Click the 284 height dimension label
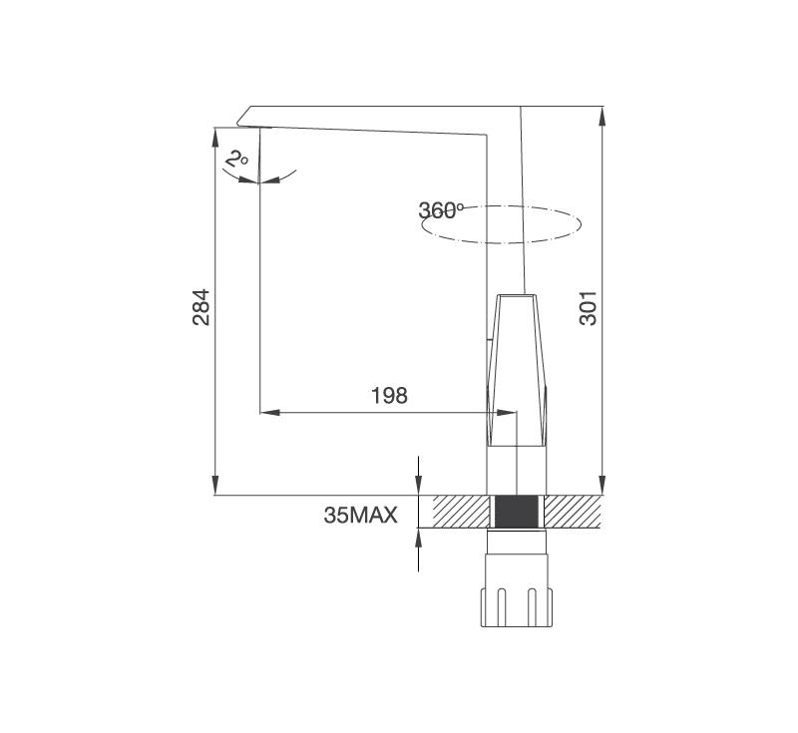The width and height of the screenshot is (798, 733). [x=201, y=307]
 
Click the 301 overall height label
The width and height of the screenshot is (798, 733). [x=588, y=308]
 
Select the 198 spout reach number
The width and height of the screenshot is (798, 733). [x=389, y=395]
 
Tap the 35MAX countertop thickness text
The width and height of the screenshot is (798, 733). [x=360, y=516]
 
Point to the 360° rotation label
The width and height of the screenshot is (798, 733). [x=441, y=210]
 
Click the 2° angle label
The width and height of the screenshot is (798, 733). [x=236, y=159]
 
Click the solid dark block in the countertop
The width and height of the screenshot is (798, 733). [x=517, y=512]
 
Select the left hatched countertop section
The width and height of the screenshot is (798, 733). [x=461, y=512]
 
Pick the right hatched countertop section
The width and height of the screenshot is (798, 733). [x=573, y=512]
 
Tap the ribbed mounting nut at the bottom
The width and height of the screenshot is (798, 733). [x=517, y=607]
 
